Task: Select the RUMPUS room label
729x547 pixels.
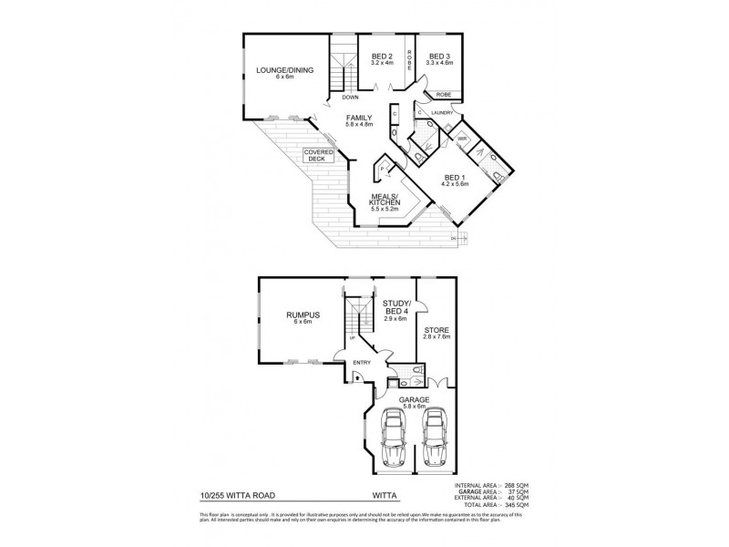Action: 297,317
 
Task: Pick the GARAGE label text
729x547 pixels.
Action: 413,399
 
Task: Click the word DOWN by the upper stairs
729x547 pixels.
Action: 350,97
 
